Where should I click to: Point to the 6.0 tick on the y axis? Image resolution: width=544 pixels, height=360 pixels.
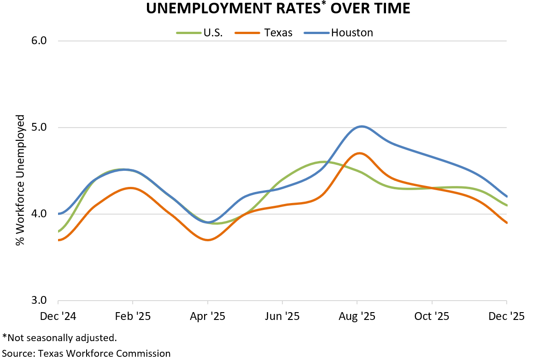tap(40, 41)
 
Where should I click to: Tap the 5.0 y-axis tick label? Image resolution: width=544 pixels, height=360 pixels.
tap(40, 127)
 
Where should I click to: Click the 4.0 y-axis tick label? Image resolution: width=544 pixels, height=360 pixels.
tap(40, 214)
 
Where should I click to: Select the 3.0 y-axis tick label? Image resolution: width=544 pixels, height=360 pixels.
tap(40, 300)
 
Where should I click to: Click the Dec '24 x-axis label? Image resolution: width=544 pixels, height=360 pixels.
tap(58, 317)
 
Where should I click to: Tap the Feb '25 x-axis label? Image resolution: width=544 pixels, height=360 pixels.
tap(133, 317)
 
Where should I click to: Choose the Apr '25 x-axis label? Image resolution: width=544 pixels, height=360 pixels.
tap(208, 317)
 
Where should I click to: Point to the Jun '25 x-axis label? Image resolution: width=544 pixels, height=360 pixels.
tap(282, 317)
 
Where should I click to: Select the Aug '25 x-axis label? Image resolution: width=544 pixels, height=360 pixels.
tap(357, 317)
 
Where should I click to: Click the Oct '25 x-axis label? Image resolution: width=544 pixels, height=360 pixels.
tap(432, 317)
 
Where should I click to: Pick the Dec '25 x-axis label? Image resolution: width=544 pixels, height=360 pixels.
tap(506, 317)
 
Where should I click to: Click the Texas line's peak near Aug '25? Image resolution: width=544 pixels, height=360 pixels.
tap(359, 153)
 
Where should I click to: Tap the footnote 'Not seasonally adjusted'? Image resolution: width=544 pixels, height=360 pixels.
tap(59, 338)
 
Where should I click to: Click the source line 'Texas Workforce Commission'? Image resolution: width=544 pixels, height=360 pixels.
tap(87, 353)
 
